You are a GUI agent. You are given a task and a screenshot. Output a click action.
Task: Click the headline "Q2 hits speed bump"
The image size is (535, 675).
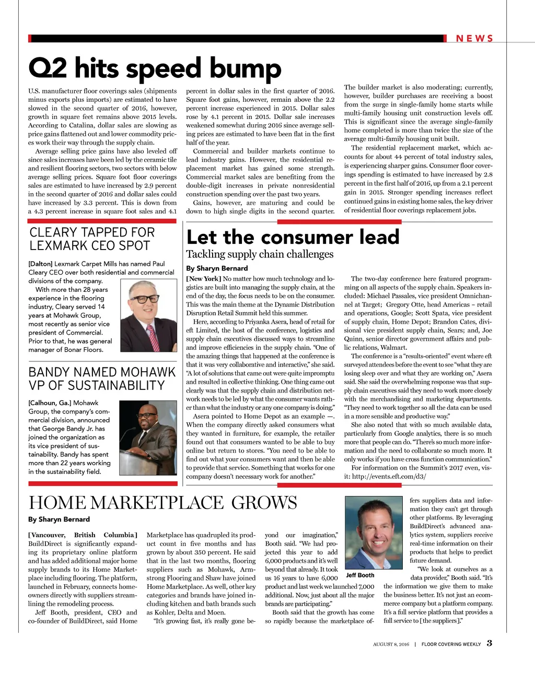[155, 68]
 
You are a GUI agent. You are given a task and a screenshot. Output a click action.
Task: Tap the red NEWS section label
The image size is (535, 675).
[474, 39]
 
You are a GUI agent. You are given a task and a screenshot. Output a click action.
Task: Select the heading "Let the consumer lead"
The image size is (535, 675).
[293, 237]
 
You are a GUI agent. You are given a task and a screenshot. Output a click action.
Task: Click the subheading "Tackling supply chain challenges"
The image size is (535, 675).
[260, 254]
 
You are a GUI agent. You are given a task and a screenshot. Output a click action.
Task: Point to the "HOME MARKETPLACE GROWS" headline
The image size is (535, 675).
[162, 502]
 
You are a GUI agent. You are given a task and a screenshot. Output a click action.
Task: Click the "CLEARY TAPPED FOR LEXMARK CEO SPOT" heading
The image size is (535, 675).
[92, 239]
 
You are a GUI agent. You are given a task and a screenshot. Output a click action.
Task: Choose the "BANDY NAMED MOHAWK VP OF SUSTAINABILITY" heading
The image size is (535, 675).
[102, 378]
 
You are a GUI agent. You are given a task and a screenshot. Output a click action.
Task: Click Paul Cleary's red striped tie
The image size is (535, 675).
[153, 337]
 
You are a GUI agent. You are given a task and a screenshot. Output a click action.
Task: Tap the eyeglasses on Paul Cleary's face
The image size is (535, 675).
[145, 299]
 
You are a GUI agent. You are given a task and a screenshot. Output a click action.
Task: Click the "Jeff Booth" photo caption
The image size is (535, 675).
[360, 575]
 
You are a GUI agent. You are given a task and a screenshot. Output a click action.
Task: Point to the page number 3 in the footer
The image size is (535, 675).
[490, 643]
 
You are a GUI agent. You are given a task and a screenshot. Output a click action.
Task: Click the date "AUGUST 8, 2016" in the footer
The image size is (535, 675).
[391, 644]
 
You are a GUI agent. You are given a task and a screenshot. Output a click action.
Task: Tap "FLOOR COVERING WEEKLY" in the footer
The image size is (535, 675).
[451, 644]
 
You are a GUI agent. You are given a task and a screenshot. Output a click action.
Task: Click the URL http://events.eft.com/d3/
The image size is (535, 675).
[389, 477]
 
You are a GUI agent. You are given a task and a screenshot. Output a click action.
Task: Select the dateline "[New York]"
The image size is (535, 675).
[204, 279]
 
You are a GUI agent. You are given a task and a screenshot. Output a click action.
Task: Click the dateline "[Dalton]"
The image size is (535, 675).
[40, 264]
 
